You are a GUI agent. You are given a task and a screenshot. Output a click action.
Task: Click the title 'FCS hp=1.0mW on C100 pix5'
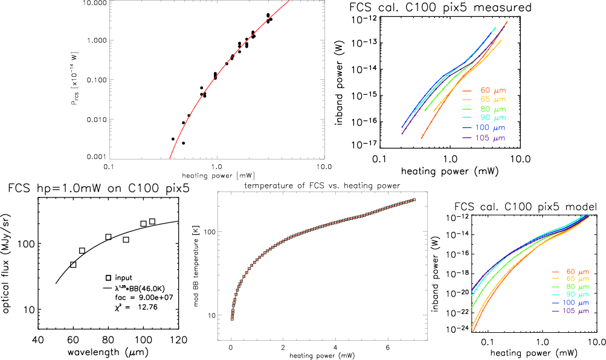coord(99,188)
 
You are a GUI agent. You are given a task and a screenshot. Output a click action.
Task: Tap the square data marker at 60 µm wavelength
coord(73,265)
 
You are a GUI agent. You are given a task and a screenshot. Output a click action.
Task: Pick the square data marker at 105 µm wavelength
coord(152,222)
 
